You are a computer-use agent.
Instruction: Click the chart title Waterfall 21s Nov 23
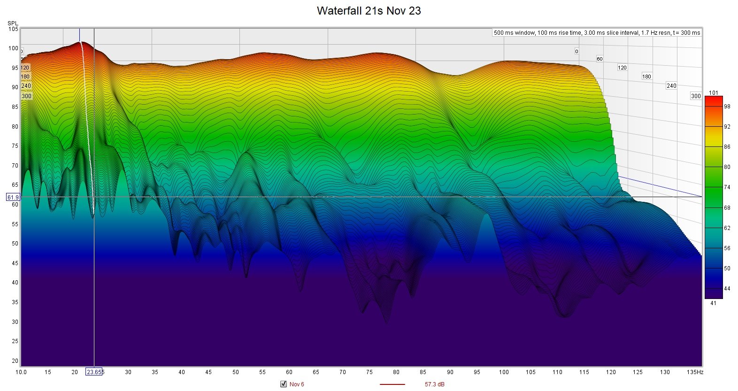click(369, 10)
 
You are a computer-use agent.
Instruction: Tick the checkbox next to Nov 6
click(284, 384)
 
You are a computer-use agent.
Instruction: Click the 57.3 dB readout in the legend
click(434, 384)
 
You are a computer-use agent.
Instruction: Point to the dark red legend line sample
click(392, 384)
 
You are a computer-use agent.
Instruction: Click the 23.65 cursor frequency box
click(94, 372)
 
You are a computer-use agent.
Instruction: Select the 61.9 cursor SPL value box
click(13, 197)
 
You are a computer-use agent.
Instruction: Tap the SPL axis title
click(13, 23)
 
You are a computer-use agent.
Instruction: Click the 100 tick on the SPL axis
click(13, 48)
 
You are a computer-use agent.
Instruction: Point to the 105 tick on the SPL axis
click(13, 29)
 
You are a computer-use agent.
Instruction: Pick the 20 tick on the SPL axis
click(15, 360)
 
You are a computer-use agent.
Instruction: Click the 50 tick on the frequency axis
click(235, 372)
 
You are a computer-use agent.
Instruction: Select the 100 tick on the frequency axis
click(503, 372)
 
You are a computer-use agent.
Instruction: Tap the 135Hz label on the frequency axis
click(695, 372)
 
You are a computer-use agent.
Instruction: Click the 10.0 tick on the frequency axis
click(21, 372)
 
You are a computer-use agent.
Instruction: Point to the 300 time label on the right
click(696, 96)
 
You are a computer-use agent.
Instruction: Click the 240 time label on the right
click(671, 85)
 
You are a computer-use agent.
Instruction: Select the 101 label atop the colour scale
click(713, 93)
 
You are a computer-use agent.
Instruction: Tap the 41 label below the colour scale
click(713, 303)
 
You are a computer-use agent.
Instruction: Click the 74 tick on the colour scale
click(727, 187)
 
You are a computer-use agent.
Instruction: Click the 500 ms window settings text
click(597, 32)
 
